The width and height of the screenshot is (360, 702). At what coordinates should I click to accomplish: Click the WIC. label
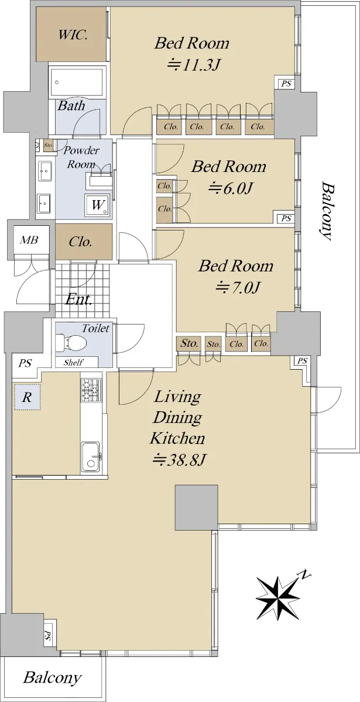[73, 35]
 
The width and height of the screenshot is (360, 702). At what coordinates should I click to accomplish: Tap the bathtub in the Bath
[77, 82]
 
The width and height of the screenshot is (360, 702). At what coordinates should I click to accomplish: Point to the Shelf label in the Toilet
[73, 363]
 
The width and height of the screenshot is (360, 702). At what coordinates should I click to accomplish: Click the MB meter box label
[29, 240]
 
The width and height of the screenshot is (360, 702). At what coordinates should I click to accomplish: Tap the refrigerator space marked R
[27, 397]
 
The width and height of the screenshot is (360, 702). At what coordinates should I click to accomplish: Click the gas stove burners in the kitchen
[91, 390]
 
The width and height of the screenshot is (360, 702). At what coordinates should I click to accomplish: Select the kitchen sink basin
[91, 456]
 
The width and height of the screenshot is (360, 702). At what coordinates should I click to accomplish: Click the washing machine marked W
[98, 205]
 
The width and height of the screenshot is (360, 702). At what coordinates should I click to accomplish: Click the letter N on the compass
[304, 574]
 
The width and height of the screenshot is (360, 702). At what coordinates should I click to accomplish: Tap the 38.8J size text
[179, 460]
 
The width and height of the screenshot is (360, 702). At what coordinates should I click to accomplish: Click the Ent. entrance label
[78, 300]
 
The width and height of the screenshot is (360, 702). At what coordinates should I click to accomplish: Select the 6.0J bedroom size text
[230, 188]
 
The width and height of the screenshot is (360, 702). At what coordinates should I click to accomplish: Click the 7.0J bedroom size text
[238, 287]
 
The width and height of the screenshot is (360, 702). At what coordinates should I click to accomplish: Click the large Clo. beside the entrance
[81, 242]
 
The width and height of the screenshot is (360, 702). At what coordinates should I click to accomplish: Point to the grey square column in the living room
[196, 507]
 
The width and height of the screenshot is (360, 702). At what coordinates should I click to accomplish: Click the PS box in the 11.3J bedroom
[286, 84]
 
